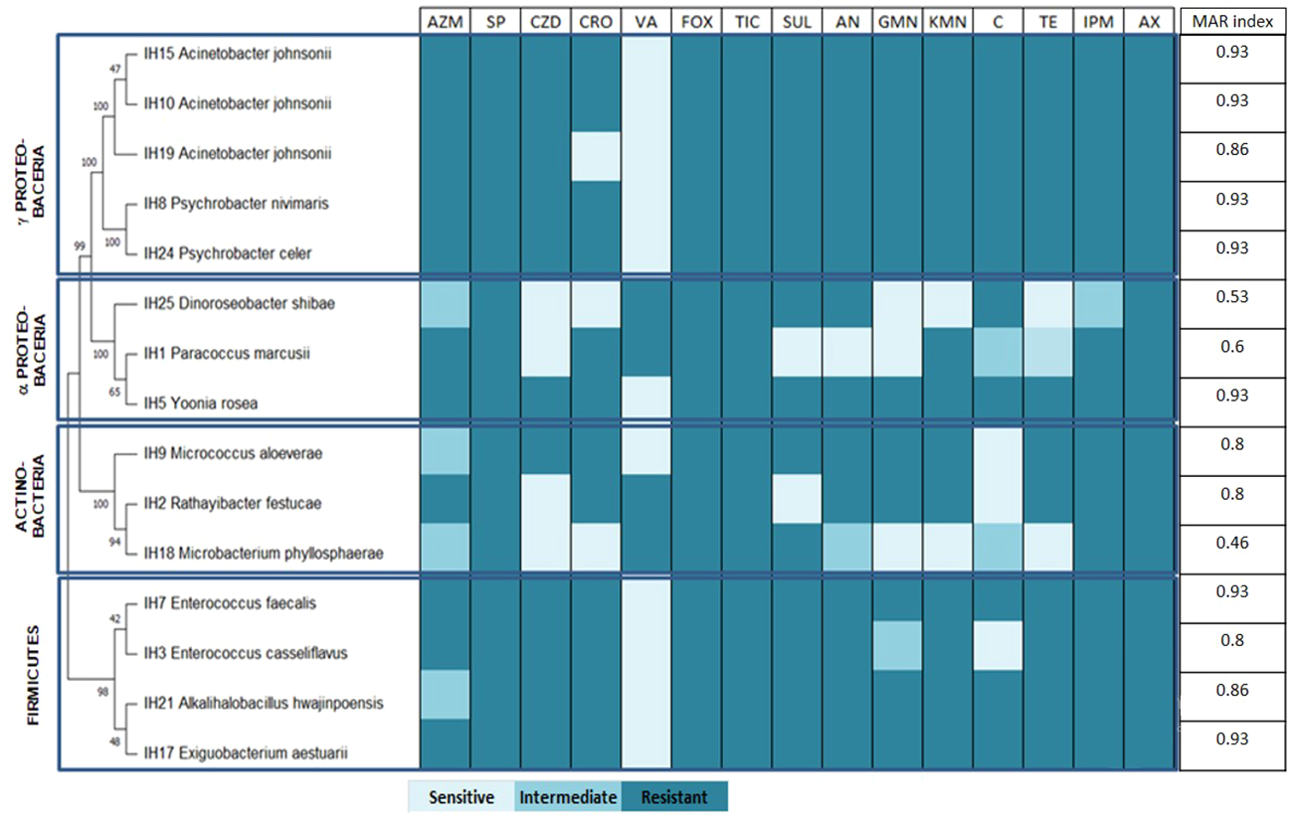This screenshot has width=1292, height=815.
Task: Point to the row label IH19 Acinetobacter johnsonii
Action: click(x=238, y=154)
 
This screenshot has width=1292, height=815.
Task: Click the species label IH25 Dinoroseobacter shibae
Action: click(x=238, y=304)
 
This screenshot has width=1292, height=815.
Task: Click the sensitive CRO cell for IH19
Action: click(x=595, y=155)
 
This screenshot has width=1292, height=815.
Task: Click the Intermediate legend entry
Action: click(x=568, y=797)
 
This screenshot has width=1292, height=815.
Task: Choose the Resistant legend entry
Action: click(x=674, y=797)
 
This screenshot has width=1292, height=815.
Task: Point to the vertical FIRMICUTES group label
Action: click(x=33, y=675)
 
